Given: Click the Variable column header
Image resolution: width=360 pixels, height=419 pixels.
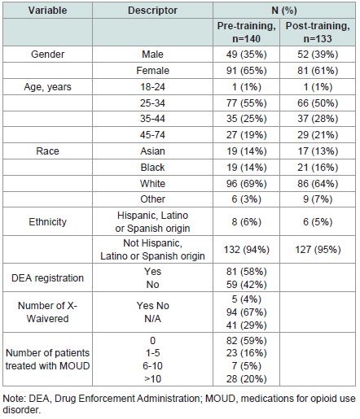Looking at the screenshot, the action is click(x=47, y=11).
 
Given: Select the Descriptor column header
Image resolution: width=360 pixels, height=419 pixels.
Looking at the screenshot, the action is click(x=152, y=11).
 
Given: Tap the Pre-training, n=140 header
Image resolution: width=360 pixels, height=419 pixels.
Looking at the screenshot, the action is click(x=246, y=32).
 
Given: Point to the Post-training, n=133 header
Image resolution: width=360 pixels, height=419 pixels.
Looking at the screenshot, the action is click(x=318, y=32).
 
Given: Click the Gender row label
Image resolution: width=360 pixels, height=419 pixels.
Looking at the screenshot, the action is click(x=47, y=55).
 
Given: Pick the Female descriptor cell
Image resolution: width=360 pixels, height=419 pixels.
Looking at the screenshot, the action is click(x=152, y=71).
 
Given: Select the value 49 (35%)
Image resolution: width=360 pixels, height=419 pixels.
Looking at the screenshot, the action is click(x=246, y=55).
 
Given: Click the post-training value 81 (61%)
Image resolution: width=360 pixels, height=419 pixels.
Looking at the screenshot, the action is click(x=318, y=71).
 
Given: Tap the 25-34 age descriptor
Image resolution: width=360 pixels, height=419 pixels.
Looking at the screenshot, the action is click(x=152, y=103).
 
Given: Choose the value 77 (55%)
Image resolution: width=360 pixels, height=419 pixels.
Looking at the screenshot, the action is click(x=246, y=103).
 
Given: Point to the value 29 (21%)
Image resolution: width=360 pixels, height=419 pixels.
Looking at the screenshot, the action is click(x=318, y=135).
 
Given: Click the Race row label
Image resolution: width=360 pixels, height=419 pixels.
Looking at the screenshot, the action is click(x=47, y=151).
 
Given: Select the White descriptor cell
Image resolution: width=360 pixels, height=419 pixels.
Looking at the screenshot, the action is click(x=152, y=184).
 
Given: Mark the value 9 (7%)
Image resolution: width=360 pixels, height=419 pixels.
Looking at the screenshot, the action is click(x=318, y=199).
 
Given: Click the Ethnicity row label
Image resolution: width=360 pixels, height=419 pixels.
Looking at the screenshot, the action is click(x=47, y=222).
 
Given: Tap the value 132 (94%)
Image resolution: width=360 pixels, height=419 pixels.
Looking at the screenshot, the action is click(x=246, y=250).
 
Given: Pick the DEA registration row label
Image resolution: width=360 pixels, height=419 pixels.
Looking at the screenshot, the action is click(x=47, y=278).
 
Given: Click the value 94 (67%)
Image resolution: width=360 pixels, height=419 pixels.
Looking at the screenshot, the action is click(x=246, y=312).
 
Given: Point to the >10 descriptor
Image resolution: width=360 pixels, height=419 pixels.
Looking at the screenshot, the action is click(x=152, y=379).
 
